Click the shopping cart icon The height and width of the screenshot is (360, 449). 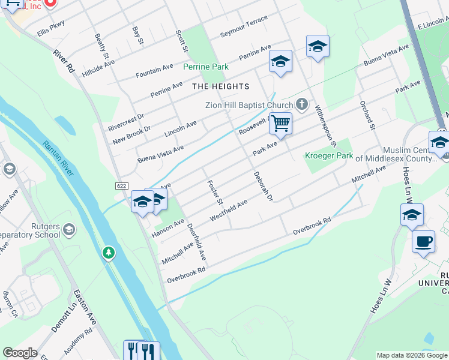tap(280, 124)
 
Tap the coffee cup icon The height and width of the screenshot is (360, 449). tap(424, 241)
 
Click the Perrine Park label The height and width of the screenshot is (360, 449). tap(205, 67)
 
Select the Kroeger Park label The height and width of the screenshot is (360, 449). tap(328, 155)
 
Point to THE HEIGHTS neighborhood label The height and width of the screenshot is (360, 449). tap(220, 86)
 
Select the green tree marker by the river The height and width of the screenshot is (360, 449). tap(108, 253)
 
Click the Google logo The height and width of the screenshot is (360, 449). tap(20, 353)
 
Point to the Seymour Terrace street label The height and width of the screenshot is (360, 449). tap(244, 27)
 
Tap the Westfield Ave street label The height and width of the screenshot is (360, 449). tap(229, 210)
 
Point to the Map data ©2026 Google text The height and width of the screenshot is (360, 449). tap(411, 355)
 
